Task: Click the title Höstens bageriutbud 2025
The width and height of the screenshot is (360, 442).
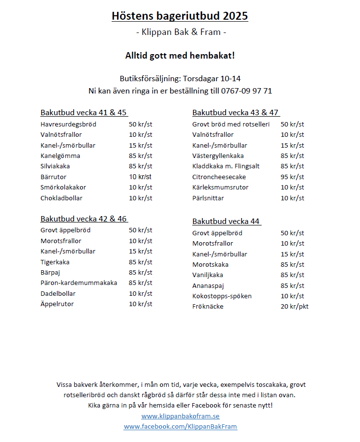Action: [180, 16]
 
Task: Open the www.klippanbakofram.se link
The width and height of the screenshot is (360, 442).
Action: [180, 416]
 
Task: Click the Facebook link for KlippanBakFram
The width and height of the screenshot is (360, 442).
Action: [180, 427]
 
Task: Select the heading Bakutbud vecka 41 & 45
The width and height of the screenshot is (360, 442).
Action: [84, 113]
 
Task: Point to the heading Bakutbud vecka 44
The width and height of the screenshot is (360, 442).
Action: [226, 221]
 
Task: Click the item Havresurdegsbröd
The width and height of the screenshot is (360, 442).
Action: [68, 125]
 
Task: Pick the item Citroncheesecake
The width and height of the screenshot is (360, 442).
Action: [219, 177]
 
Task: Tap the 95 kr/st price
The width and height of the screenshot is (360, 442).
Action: [292, 177]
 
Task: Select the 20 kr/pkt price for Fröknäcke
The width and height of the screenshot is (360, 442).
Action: [294, 307]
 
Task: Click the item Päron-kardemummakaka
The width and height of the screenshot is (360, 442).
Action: [79, 283]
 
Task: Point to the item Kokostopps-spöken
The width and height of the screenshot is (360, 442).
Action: [222, 296]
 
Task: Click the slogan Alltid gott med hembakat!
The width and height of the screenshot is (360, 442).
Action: [180, 56]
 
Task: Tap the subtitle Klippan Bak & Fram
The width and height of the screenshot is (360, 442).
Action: [180, 33]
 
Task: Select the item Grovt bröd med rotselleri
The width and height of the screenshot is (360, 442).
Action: [231, 125]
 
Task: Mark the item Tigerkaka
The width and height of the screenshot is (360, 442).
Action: [55, 262]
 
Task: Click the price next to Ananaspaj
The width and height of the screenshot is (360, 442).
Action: [292, 285]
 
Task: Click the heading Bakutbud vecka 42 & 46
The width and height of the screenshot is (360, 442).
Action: [84, 219]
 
